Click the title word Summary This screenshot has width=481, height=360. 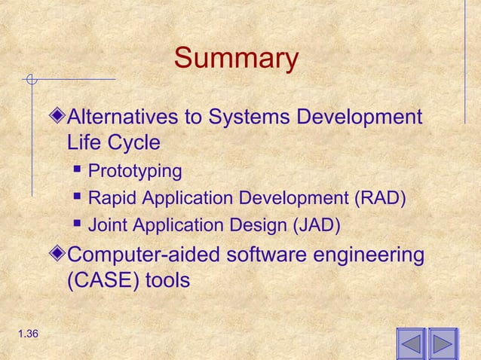[x=236, y=59]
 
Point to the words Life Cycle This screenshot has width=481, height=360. [x=113, y=142]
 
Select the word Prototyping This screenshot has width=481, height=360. [x=135, y=172]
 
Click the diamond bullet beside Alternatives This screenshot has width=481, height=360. [x=60, y=118]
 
